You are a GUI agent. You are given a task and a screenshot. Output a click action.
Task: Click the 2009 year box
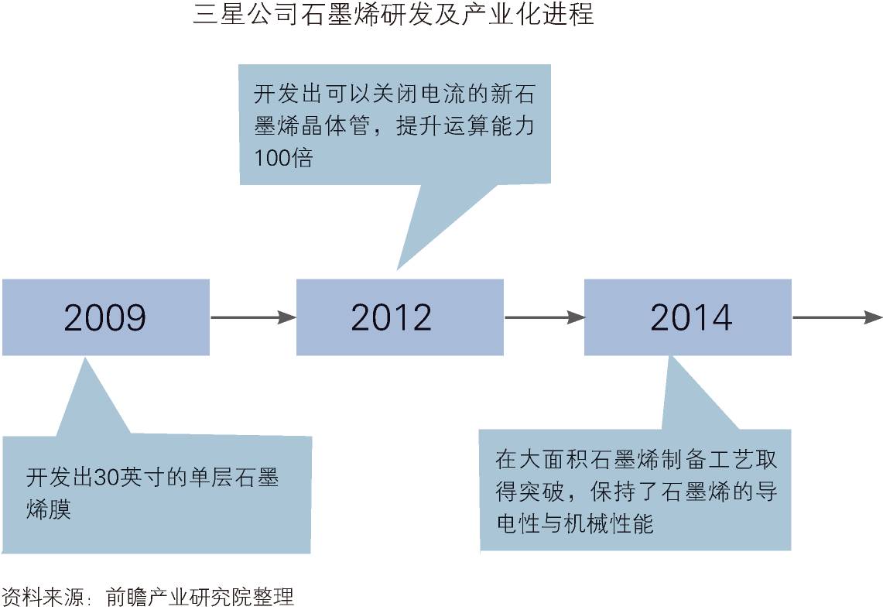pyautogui.click(x=105, y=317)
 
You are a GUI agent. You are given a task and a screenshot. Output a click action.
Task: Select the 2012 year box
pyautogui.click(x=399, y=317)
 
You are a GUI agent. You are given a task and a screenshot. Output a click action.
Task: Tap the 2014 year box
pyautogui.click(x=687, y=317)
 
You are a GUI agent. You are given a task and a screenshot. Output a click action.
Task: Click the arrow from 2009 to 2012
pyautogui.click(x=252, y=317)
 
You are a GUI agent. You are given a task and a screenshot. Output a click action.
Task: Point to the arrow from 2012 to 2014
pyautogui.click(x=543, y=317)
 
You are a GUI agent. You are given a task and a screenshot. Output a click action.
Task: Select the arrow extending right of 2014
pyautogui.click(x=836, y=317)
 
